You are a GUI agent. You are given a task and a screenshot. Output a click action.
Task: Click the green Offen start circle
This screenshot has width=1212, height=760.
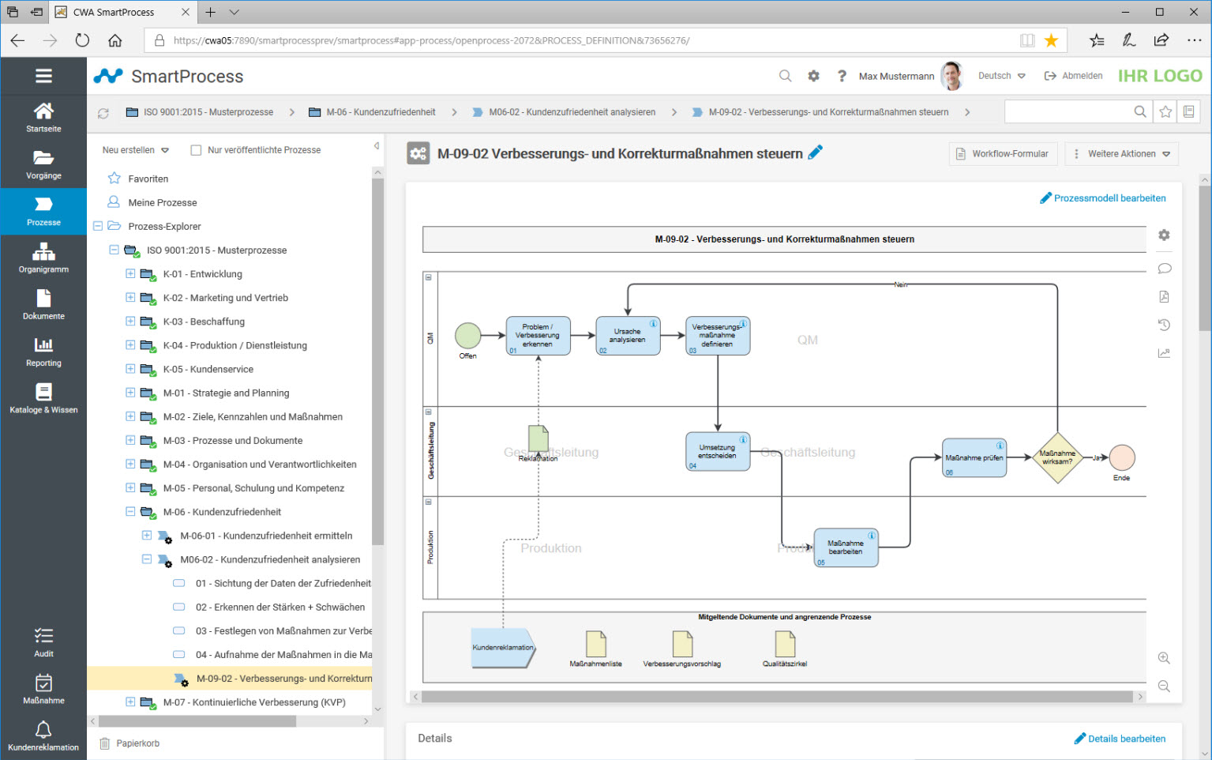coord(467,336)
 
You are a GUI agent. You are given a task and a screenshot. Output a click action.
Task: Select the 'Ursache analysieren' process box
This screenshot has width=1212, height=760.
coord(628,336)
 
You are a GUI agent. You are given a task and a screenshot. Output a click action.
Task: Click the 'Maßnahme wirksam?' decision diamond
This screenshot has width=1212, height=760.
coord(1056,457)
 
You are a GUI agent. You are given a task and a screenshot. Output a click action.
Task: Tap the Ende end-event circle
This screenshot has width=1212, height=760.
coord(1121,457)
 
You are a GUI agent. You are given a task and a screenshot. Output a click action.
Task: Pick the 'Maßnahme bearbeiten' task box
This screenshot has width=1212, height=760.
coord(846,547)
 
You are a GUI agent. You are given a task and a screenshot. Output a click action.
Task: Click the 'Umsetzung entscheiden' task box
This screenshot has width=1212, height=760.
coord(718,452)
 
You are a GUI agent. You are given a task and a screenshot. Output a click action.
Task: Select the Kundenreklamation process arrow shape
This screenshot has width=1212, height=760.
coord(503,648)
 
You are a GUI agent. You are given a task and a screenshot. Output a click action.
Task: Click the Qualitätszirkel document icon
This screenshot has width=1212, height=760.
coord(785,644)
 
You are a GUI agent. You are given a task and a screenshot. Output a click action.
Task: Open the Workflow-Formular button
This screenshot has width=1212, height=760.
coord(1002,154)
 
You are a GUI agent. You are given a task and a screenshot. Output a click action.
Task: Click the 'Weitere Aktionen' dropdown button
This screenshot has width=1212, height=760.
coord(1121,154)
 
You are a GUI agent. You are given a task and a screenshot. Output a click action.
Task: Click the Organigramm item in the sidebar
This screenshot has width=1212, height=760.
coord(43,258)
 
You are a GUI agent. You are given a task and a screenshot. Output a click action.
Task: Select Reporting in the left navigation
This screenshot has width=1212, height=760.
coord(43,352)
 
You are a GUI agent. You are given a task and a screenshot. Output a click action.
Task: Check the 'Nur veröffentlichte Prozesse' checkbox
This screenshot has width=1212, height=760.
coord(197,150)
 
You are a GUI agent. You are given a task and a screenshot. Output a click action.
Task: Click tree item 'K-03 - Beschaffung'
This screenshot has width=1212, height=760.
coord(204,322)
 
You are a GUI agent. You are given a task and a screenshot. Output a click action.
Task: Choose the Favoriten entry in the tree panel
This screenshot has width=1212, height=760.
coord(148,179)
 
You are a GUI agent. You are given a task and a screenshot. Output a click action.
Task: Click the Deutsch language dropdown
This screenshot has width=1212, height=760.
coord(1001,76)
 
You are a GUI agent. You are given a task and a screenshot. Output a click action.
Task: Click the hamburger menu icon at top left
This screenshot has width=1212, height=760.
coord(43,76)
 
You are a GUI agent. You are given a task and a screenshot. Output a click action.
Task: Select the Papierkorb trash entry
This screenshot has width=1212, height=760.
coord(137,743)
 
